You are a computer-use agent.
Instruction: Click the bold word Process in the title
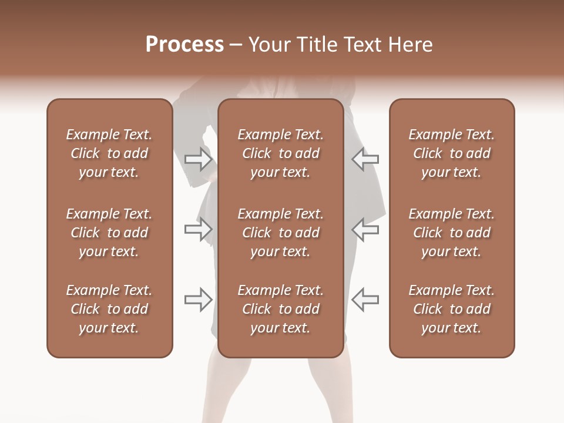pos(184,45)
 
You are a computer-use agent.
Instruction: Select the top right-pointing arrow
pos(199,159)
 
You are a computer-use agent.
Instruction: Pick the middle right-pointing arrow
pos(199,229)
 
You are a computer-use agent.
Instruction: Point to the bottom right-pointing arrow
pos(199,300)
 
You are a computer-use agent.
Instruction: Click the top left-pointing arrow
pos(365,159)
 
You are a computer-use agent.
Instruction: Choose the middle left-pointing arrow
pos(365,229)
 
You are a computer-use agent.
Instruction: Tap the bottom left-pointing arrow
pos(365,300)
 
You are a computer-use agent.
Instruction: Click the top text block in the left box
pos(109,153)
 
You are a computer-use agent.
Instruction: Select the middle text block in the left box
pos(109,233)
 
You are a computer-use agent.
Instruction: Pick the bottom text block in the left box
pos(109,309)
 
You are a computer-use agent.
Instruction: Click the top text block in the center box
pos(280,153)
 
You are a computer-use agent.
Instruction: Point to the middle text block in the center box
pos(280,233)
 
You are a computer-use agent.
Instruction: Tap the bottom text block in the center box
pos(280,309)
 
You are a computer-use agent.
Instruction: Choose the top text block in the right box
pos(451,153)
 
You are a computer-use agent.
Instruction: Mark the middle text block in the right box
pos(451,233)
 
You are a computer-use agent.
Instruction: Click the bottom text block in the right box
pos(451,309)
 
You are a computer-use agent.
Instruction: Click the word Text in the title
pos(361,45)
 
